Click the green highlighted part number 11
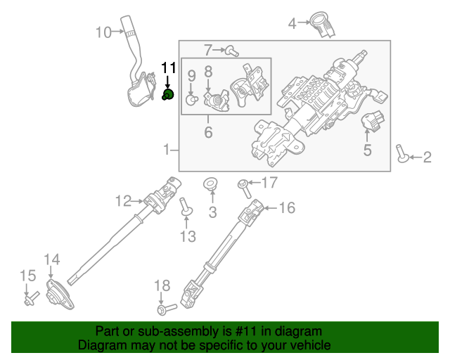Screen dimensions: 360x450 pyautogui.click(x=168, y=96)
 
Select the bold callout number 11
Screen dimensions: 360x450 pyautogui.click(x=168, y=68)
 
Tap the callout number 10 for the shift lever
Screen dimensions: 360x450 pyautogui.click(x=103, y=32)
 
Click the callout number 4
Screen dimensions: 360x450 pyautogui.click(x=292, y=25)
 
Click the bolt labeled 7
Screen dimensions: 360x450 pyautogui.click(x=233, y=50)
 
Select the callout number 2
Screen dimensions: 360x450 pyautogui.click(x=427, y=157)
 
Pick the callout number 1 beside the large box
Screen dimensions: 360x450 pyautogui.click(x=167, y=150)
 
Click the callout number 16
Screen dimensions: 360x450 pyautogui.click(x=287, y=208)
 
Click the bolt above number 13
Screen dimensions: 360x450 pyautogui.click(x=186, y=207)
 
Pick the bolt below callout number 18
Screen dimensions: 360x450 pyautogui.click(x=165, y=308)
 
